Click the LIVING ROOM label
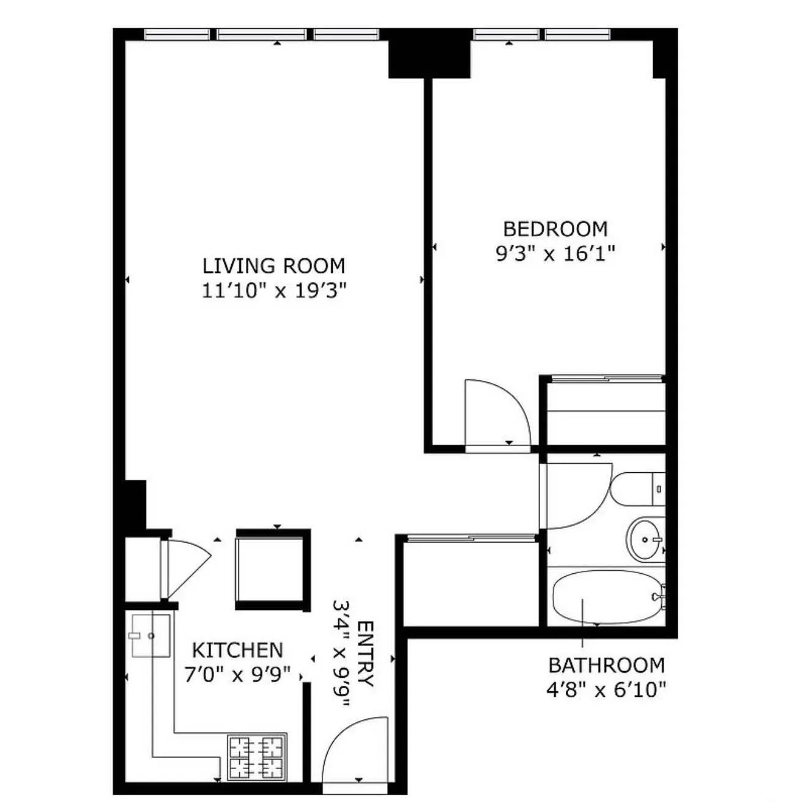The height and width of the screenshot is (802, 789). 273,266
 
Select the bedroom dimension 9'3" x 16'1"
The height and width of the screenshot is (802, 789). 555,253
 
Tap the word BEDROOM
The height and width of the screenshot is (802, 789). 555,229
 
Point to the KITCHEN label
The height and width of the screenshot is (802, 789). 237,650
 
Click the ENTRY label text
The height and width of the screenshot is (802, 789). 365,654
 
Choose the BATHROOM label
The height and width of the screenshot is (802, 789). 606,665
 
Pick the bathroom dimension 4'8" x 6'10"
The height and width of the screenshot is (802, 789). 606,691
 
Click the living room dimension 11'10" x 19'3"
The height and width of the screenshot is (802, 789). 274,291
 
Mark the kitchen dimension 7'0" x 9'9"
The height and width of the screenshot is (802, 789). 237,675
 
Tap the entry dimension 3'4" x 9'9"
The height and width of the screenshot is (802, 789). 341,654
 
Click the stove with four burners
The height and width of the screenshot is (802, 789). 257,757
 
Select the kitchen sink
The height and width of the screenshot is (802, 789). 150,636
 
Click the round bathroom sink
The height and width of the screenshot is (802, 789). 646,539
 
